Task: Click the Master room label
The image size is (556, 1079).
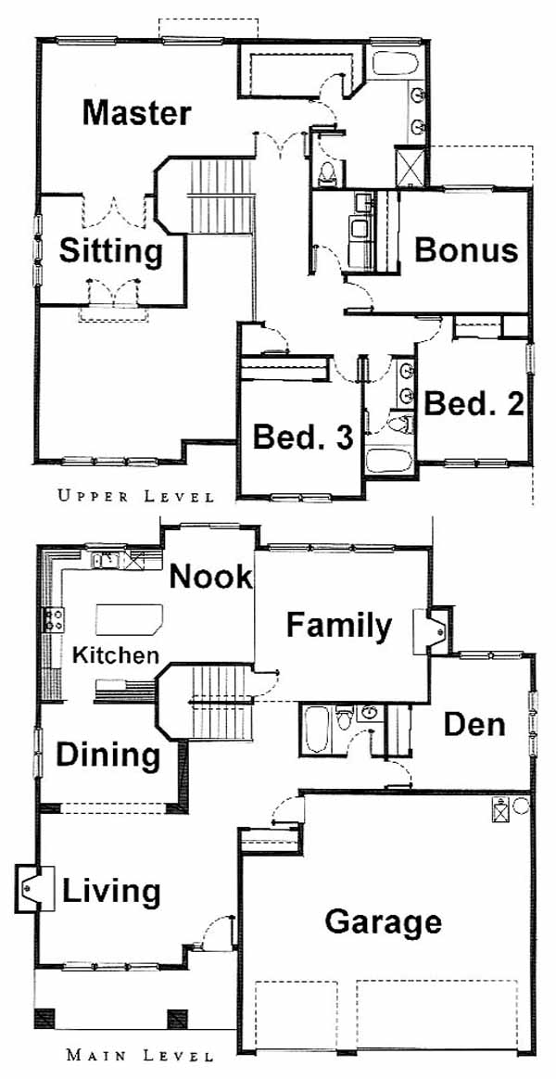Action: coord(136,113)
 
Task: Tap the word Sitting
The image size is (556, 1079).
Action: coord(111,252)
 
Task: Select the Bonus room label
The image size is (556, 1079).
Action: coord(466,250)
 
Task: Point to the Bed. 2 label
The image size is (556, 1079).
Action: coord(474,404)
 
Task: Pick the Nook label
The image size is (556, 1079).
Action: coord(210,576)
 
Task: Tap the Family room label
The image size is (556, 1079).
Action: coord(338,627)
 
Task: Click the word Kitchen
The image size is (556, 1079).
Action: coord(116,654)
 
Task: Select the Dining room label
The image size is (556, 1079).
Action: coord(107,755)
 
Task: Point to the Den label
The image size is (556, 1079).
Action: coord(474,724)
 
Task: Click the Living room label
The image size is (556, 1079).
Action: coord(111,893)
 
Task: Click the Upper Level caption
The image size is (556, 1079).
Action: coord(135,495)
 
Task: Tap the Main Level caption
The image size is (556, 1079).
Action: coord(139,1055)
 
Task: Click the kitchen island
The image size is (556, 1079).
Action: coord(129,620)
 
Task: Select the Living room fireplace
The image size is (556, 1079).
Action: coord(34,888)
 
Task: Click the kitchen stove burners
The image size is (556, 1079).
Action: coord(55,619)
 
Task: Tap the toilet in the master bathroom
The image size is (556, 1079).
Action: coord(327,172)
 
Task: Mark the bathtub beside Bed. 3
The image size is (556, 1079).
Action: coord(389,461)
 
